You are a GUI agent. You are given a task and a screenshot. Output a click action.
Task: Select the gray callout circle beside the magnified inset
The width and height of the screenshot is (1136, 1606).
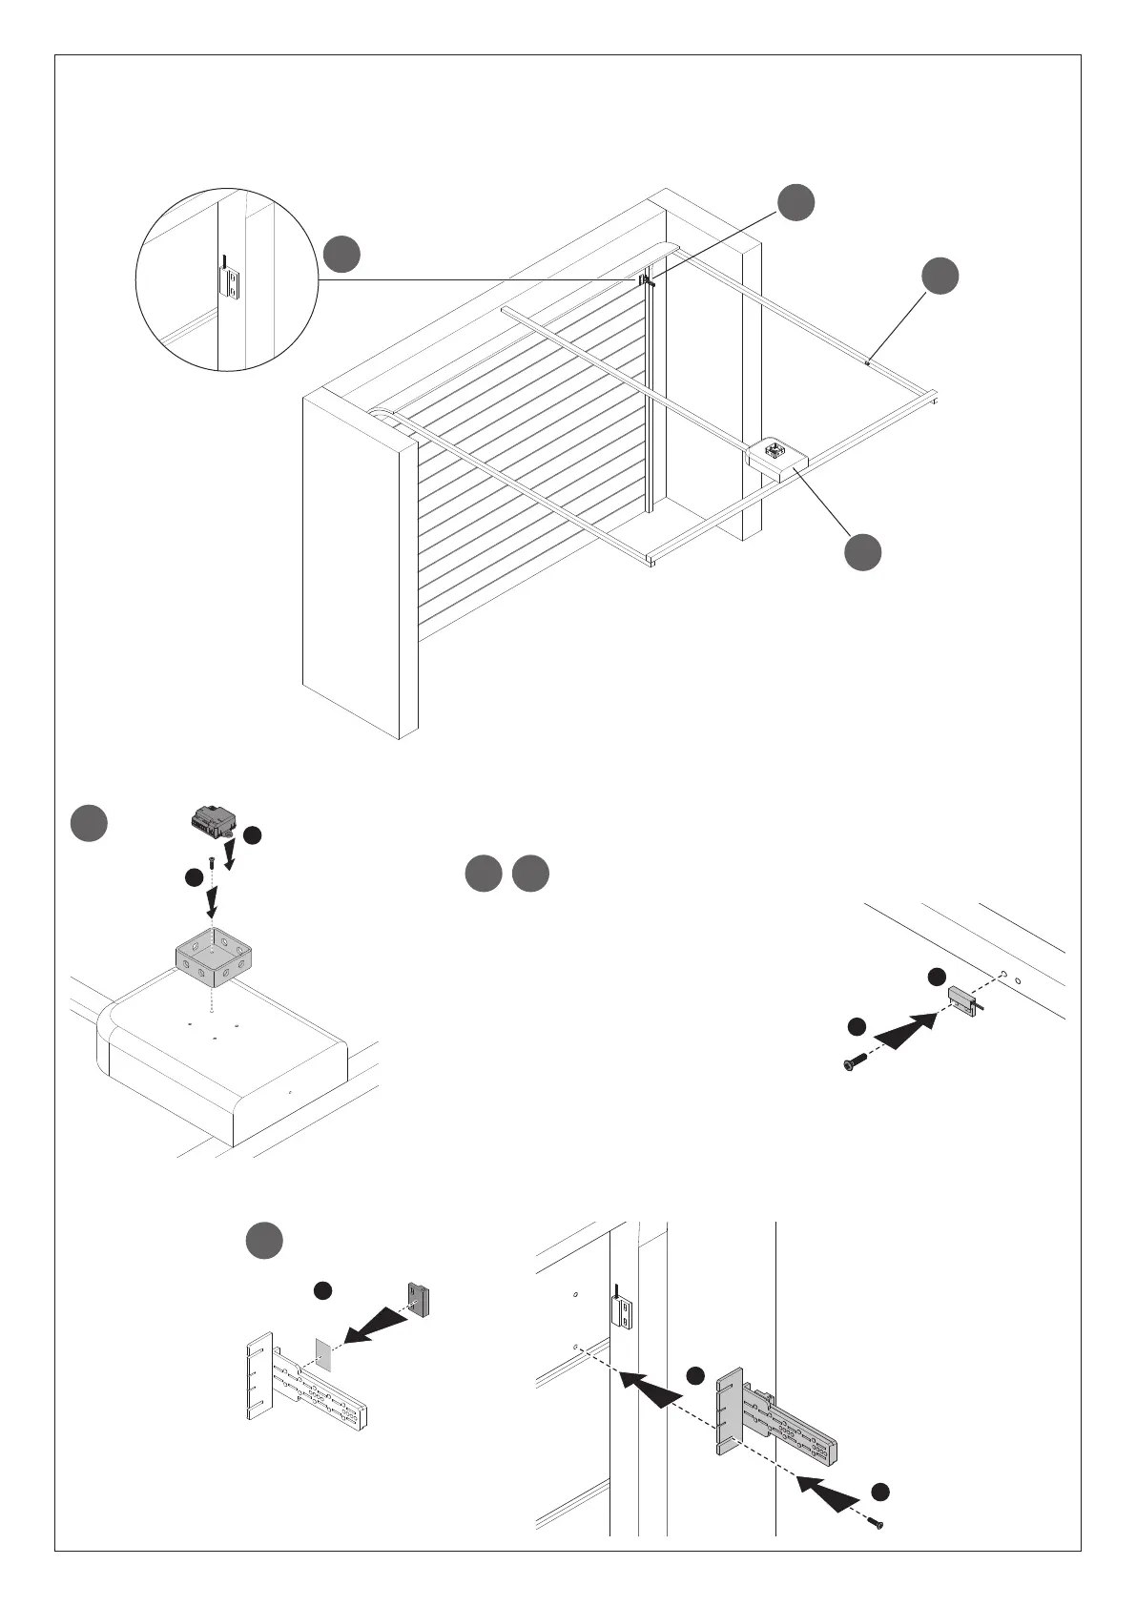point(341,254)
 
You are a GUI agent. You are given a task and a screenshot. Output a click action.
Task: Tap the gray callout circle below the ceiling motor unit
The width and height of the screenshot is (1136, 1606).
point(862,553)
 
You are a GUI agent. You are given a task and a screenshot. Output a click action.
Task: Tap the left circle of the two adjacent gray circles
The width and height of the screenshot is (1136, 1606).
point(484,875)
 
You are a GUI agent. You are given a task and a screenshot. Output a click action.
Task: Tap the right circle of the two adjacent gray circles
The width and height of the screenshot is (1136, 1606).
point(530,875)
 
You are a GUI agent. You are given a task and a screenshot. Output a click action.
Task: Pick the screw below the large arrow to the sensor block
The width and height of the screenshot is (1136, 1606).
point(853,1061)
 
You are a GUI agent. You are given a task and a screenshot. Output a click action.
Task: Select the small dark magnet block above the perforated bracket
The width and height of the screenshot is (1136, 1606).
point(421,1298)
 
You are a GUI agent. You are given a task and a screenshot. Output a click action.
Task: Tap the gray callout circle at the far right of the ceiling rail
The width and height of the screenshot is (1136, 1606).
point(940,276)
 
